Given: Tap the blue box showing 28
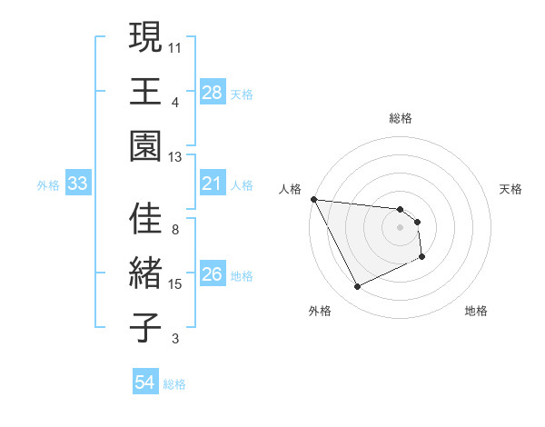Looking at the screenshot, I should pos(212,92).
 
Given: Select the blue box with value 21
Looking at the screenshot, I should pos(212,184).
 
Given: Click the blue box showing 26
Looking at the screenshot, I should pos(212,275).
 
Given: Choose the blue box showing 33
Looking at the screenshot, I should pos(77,184).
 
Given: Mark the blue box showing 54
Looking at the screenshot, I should pos(144,382).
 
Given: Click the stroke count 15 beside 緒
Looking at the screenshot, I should pos(176,284).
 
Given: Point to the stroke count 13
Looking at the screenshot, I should pos(176,157).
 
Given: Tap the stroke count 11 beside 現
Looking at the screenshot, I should pos(175,45).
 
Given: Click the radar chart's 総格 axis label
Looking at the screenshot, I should pos(401,118).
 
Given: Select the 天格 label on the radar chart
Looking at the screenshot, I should pos(511,189).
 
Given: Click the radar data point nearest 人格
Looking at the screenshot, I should pos(313,199).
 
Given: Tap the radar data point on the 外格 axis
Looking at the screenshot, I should pos(357,288).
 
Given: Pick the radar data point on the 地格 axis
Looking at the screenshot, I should pos(423,259).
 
